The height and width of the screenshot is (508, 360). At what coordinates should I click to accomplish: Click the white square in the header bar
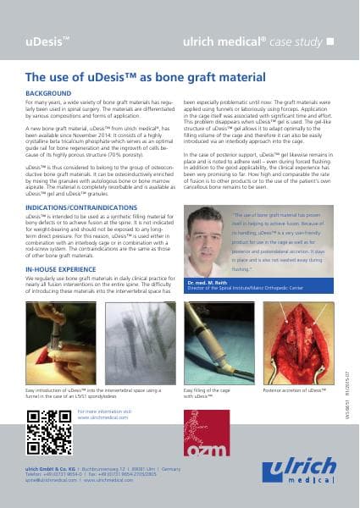pos(330,41)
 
